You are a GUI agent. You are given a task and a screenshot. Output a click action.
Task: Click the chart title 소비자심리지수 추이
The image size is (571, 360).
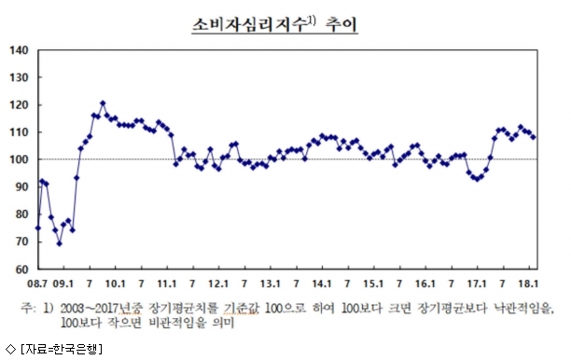[x=275, y=25]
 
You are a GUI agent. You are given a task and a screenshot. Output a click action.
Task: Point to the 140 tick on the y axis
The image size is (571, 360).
[x=19, y=50]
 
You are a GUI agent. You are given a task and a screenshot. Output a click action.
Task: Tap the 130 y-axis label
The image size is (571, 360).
[x=19, y=77]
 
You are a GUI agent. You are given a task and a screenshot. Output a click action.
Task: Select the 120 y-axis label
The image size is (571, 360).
[x=19, y=104]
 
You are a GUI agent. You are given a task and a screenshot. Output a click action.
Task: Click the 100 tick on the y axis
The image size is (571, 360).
[x=19, y=159]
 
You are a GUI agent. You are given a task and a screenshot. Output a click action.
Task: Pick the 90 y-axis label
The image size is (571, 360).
[x=21, y=187]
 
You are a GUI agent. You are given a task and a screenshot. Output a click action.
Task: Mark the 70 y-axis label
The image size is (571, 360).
[x=21, y=242]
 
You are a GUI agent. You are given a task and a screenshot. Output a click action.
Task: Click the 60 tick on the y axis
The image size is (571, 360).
[x=21, y=270]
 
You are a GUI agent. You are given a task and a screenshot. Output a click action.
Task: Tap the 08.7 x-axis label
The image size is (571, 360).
[x=37, y=284]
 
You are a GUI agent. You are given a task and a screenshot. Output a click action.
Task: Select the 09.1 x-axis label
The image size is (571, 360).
[x=63, y=284]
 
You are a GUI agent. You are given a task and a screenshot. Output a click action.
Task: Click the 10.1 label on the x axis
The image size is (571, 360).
[x=115, y=284]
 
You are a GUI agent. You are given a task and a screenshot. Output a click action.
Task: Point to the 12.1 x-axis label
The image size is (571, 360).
[x=218, y=284]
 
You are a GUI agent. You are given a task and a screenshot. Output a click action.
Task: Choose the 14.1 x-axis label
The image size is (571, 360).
[x=322, y=284]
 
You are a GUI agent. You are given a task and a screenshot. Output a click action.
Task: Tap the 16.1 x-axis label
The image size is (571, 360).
[x=425, y=284]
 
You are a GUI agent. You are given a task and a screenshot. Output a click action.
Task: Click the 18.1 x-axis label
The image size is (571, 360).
[x=528, y=284]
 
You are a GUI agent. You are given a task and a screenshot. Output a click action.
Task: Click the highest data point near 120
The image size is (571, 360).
[x=103, y=104]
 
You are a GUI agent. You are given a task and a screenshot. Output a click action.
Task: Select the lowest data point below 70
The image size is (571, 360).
[x=60, y=243]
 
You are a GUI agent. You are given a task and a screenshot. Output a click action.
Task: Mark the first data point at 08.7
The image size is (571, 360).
[x=38, y=228]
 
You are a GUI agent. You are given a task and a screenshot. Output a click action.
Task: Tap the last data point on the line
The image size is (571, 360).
[x=534, y=137]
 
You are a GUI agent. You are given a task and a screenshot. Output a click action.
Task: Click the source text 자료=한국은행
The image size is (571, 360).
[x=62, y=349]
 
